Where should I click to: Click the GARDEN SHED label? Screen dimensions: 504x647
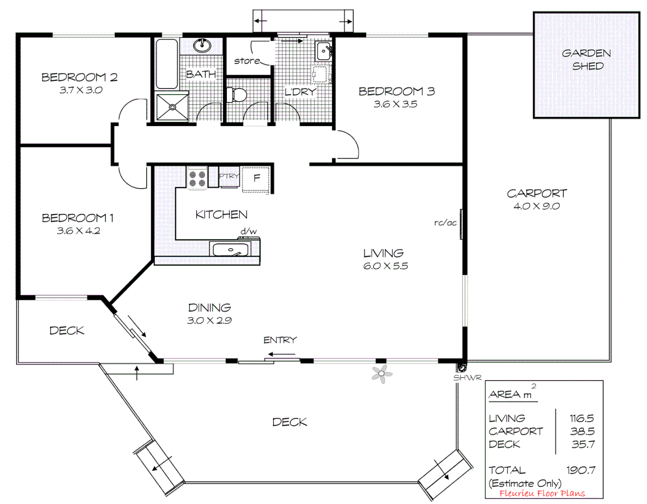(x=586, y=59)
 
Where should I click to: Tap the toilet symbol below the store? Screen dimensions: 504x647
(x=237, y=95)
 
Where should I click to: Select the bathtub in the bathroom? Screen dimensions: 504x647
(x=167, y=64)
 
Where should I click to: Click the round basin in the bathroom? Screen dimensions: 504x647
(x=202, y=45)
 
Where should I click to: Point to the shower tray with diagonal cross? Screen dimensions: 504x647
(x=172, y=107)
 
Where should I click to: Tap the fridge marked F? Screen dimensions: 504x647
(x=256, y=178)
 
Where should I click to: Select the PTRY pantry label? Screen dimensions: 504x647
(x=229, y=176)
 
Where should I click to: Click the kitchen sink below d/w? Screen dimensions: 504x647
(x=231, y=250)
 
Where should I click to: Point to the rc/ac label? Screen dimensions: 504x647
(x=445, y=223)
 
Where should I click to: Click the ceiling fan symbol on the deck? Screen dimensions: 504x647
(x=382, y=374)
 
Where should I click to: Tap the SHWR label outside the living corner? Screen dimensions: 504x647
(x=467, y=378)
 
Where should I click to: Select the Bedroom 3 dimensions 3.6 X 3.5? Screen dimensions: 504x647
(x=395, y=104)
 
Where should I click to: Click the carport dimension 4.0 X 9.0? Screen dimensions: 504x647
(x=536, y=206)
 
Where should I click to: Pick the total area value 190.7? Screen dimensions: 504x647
(x=581, y=470)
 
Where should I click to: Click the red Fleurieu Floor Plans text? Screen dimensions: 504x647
(x=542, y=493)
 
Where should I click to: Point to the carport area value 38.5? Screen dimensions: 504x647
(x=582, y=431)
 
